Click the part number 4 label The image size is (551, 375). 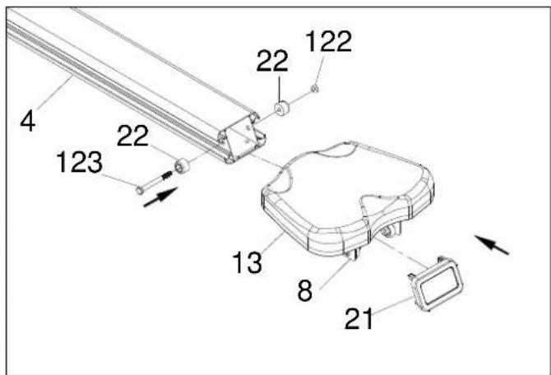pos(28,121)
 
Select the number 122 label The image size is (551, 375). pos(329,41)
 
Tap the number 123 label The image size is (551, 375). pos(80,162)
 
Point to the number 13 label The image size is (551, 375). pos(248,262)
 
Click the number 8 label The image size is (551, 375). pos(304,290)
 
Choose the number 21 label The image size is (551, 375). pos(359,318)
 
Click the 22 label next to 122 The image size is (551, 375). pos(272,61)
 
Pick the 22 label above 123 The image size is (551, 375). pos(132,136)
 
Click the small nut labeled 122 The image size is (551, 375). pos(315,89)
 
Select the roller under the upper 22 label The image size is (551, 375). pos(281,109)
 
